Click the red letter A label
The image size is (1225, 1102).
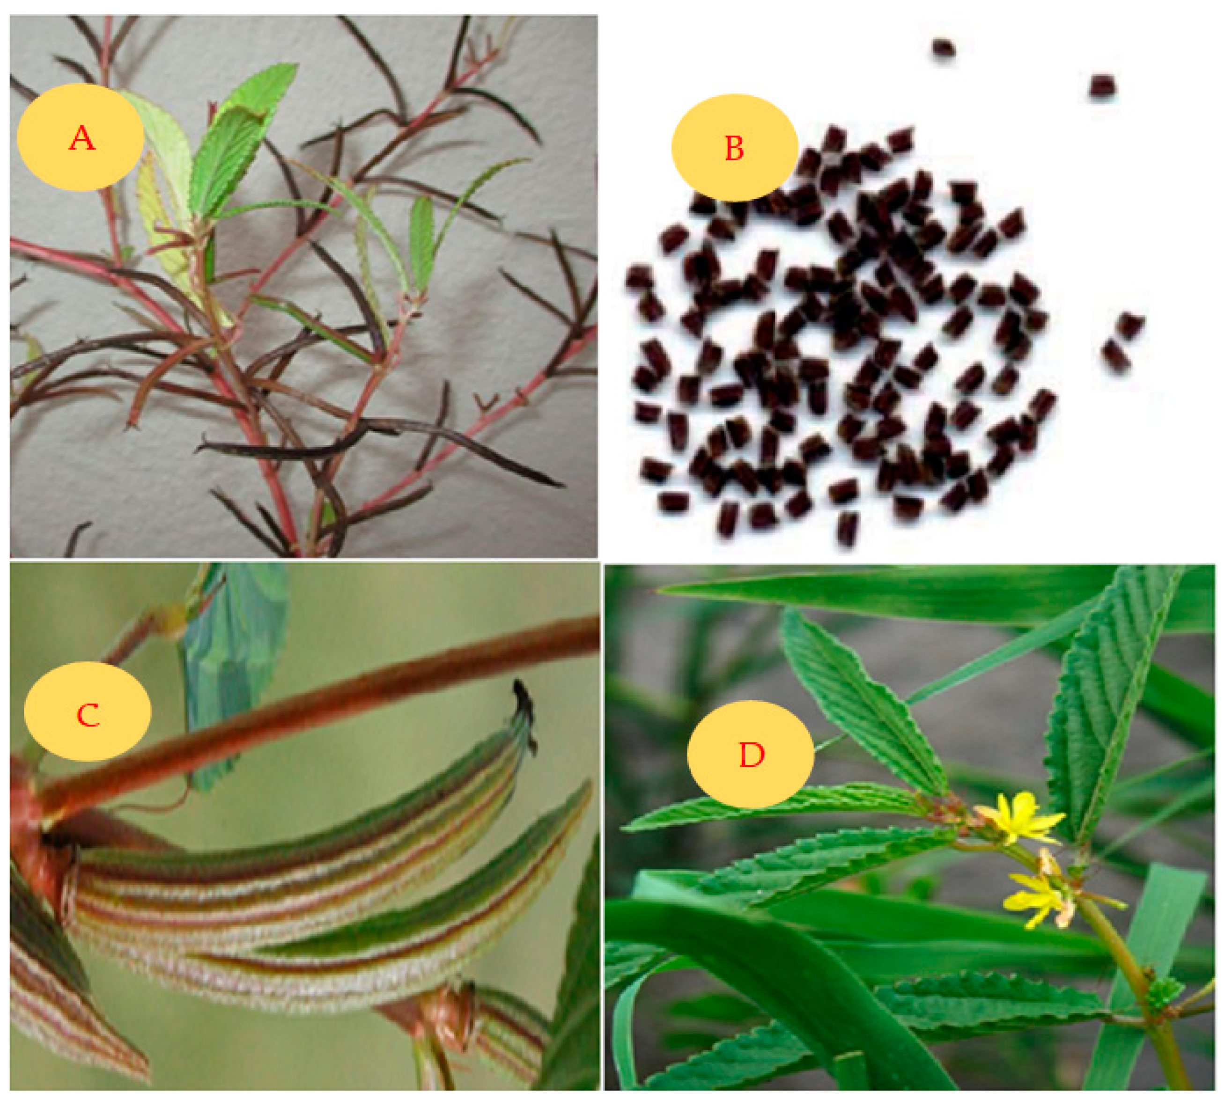click(82, 138)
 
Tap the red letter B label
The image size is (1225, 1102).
click(734, 148)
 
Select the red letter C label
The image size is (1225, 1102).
click(88, 715)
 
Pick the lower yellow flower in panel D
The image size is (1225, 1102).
click(1037, 898)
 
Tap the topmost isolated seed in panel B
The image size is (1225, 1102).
click(943, 47)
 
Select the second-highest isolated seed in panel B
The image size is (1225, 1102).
click(1103, 86)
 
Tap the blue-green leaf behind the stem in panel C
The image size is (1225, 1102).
click(233, 672)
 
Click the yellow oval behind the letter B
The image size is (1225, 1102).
click(734, 148)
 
